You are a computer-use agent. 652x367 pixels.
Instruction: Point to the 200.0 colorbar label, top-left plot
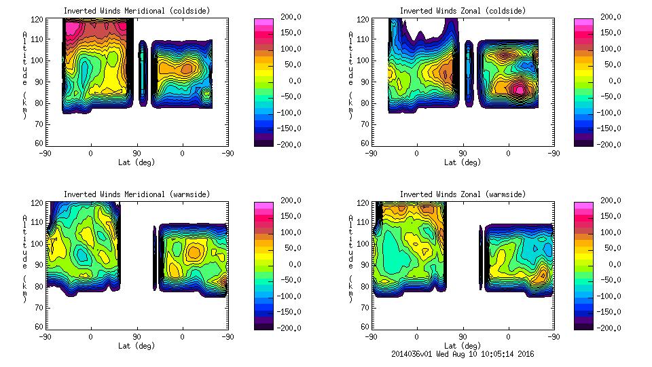pos(289,17)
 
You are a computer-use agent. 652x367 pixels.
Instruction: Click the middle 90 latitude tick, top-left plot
pos(137,153)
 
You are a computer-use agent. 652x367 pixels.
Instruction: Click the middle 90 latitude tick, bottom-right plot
pos(463,336)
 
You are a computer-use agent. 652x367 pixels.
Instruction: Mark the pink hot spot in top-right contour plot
pos(520,89)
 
